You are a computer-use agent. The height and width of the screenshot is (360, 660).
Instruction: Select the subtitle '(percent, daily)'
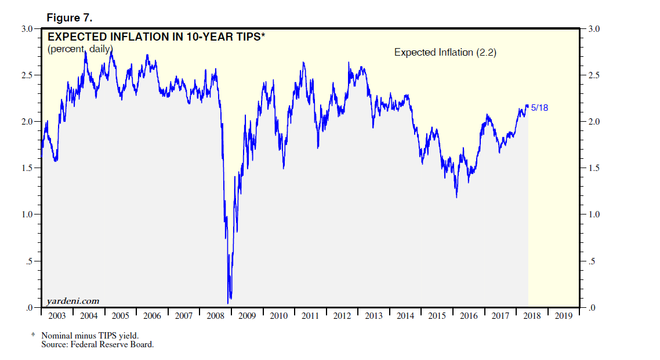point(80,49)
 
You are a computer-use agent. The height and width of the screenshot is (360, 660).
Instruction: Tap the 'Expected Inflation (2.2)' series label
point(445,52)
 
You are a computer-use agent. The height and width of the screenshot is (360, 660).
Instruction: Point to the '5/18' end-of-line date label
point(540,108)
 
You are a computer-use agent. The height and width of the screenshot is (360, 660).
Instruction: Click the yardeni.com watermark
point(73,301)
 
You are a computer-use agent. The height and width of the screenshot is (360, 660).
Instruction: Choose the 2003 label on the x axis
point(56,316)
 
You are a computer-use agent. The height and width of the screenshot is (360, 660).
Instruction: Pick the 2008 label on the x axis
point(215,316)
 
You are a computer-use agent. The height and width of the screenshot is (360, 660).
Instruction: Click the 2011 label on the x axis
point(310,316)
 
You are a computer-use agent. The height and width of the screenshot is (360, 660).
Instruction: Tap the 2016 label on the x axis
point(469,316)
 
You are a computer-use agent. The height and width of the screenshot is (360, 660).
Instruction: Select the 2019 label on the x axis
point(564,316)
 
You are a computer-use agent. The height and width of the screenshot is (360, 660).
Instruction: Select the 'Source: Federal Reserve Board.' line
point(97,344)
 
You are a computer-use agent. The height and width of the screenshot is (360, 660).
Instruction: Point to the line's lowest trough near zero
point(228,302)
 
